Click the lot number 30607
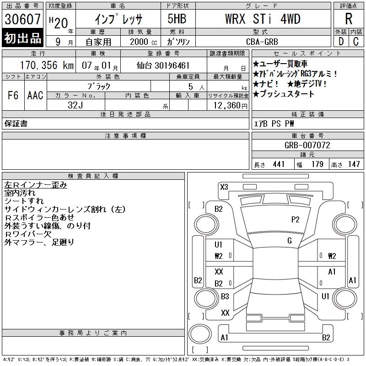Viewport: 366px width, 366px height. tap(22, 19)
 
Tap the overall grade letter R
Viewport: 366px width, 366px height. tap(349, 19)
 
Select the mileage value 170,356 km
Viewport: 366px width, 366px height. tap(47, 65)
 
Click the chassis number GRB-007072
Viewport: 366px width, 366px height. tap(307, 145)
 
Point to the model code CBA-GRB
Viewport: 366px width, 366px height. tap(262, 42)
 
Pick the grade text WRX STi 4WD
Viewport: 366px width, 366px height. tap(263, 19)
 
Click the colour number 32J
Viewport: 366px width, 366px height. tap(75, 105)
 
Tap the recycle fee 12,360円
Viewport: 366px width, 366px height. tap(230, 106)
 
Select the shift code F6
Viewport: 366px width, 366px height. tap(13, 95)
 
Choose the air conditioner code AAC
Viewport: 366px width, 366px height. tap(35, 95)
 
